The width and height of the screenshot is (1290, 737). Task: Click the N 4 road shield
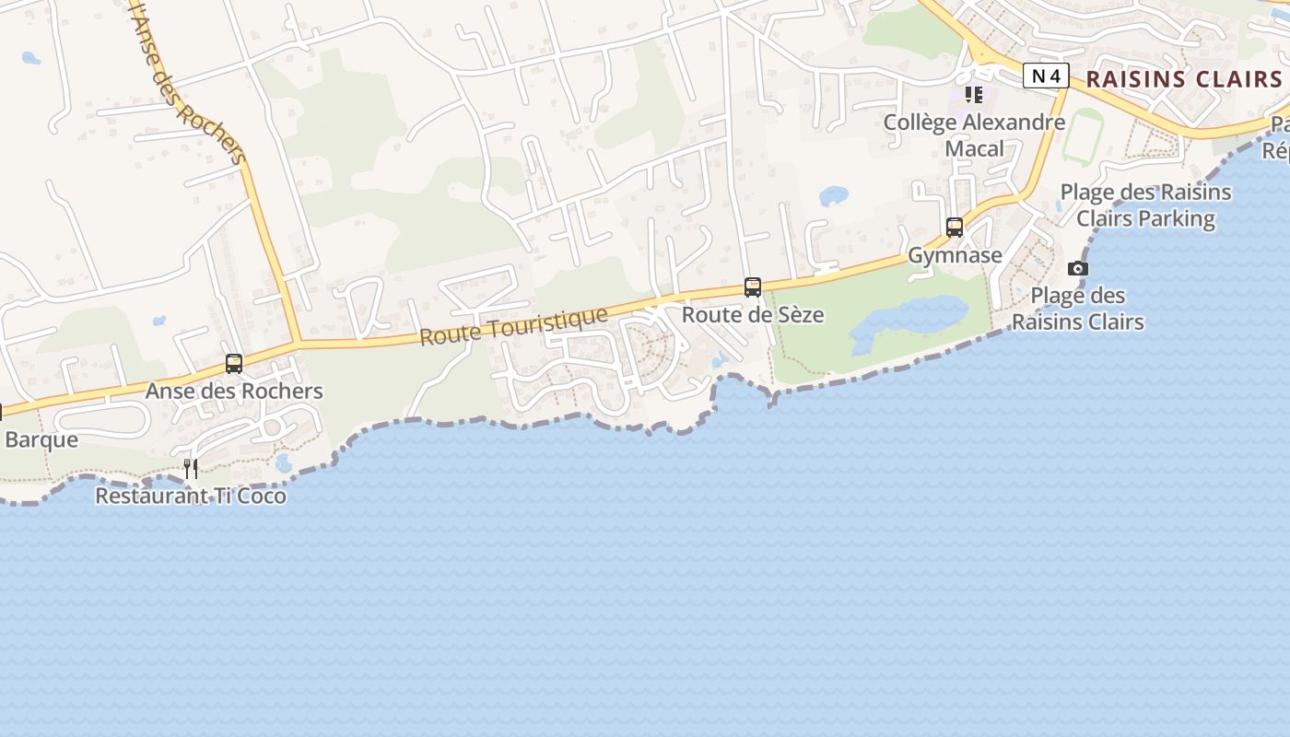tap(1046, 76)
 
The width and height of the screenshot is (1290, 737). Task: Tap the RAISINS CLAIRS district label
tap(1183, 79)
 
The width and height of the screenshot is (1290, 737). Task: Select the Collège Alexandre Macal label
tap(974, 135)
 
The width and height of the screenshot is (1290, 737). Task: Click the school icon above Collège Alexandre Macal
tap(974, 95)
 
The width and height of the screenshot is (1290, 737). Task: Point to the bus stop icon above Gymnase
tap(955, 227)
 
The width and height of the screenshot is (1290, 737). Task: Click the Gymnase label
tap(955, 255)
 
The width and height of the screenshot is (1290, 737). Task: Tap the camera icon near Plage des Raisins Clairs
tap(1077, 268)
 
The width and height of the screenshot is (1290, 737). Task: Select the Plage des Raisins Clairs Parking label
tap(1145, 205)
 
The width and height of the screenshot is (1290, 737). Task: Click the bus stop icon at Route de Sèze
tap(753, 287)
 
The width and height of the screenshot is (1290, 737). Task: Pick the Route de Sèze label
tap(753, 315)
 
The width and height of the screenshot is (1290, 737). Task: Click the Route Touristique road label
tap(513, 327)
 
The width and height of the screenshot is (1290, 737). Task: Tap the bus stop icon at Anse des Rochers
tap(234, 363)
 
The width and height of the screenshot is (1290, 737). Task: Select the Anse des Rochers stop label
tap(234, 391)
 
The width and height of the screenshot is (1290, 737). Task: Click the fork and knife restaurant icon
tap(191, 468)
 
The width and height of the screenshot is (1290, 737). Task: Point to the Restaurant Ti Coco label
tap(191, 496)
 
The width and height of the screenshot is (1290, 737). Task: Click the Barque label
tap(41, 439)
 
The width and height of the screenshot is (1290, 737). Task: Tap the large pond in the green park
tap(912, 319)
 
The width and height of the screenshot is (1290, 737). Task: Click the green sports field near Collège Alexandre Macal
tap(1082, 135)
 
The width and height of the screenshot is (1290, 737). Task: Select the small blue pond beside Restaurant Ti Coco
tap(283, 462)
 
